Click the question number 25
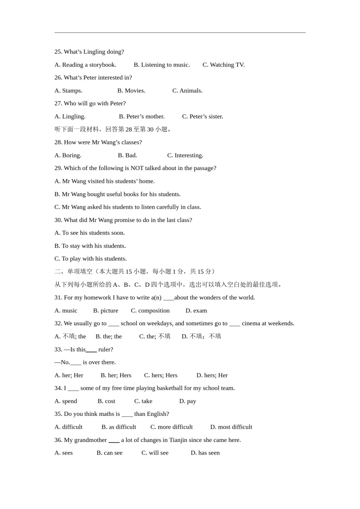[58, 52]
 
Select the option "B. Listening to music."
[162, 65]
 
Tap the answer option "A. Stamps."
[68, 91]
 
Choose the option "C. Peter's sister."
[202, 116]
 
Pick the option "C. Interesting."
[185, 155]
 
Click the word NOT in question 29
[136, 168]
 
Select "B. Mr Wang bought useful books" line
[117, 194]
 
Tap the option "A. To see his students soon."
[89, 233]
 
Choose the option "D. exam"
[196, 311]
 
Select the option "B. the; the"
[109, 336]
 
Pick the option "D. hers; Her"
[212, 375]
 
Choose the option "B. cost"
[106, 401]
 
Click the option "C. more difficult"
[171, 427]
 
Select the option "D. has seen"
[205, 453]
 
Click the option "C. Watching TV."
[224, 65]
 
